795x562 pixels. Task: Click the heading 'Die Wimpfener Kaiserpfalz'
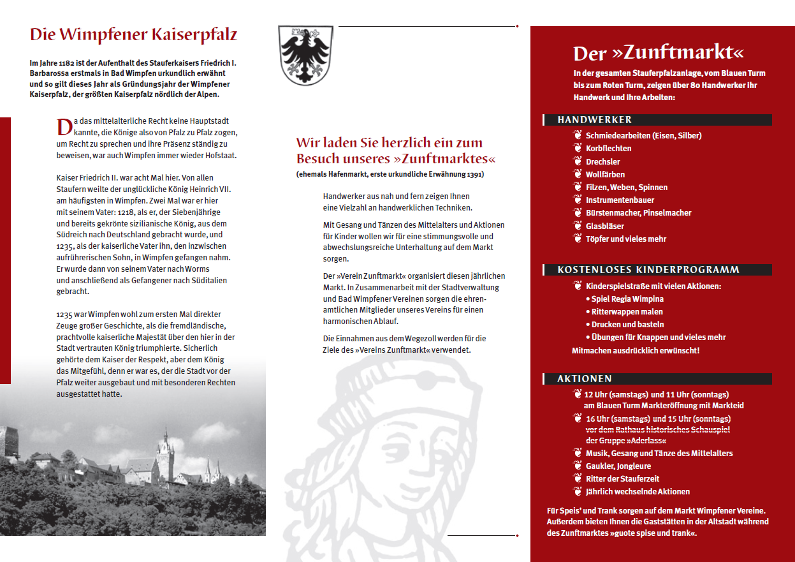click(x=133, y=34)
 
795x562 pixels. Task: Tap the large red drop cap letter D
click(x=64, y=127)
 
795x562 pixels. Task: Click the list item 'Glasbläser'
click(x=604, y=226)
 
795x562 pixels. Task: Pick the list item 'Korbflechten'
click(x=608, y=149)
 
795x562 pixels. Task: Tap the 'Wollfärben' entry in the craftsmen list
click(x=605, y=174)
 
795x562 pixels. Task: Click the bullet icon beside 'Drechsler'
click(x=578, y=161)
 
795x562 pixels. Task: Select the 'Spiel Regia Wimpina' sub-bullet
click(x=627, y=299)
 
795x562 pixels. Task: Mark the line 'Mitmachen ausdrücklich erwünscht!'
click(x=636, y=350)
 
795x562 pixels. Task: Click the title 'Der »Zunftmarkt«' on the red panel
click(x=658, y=52)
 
